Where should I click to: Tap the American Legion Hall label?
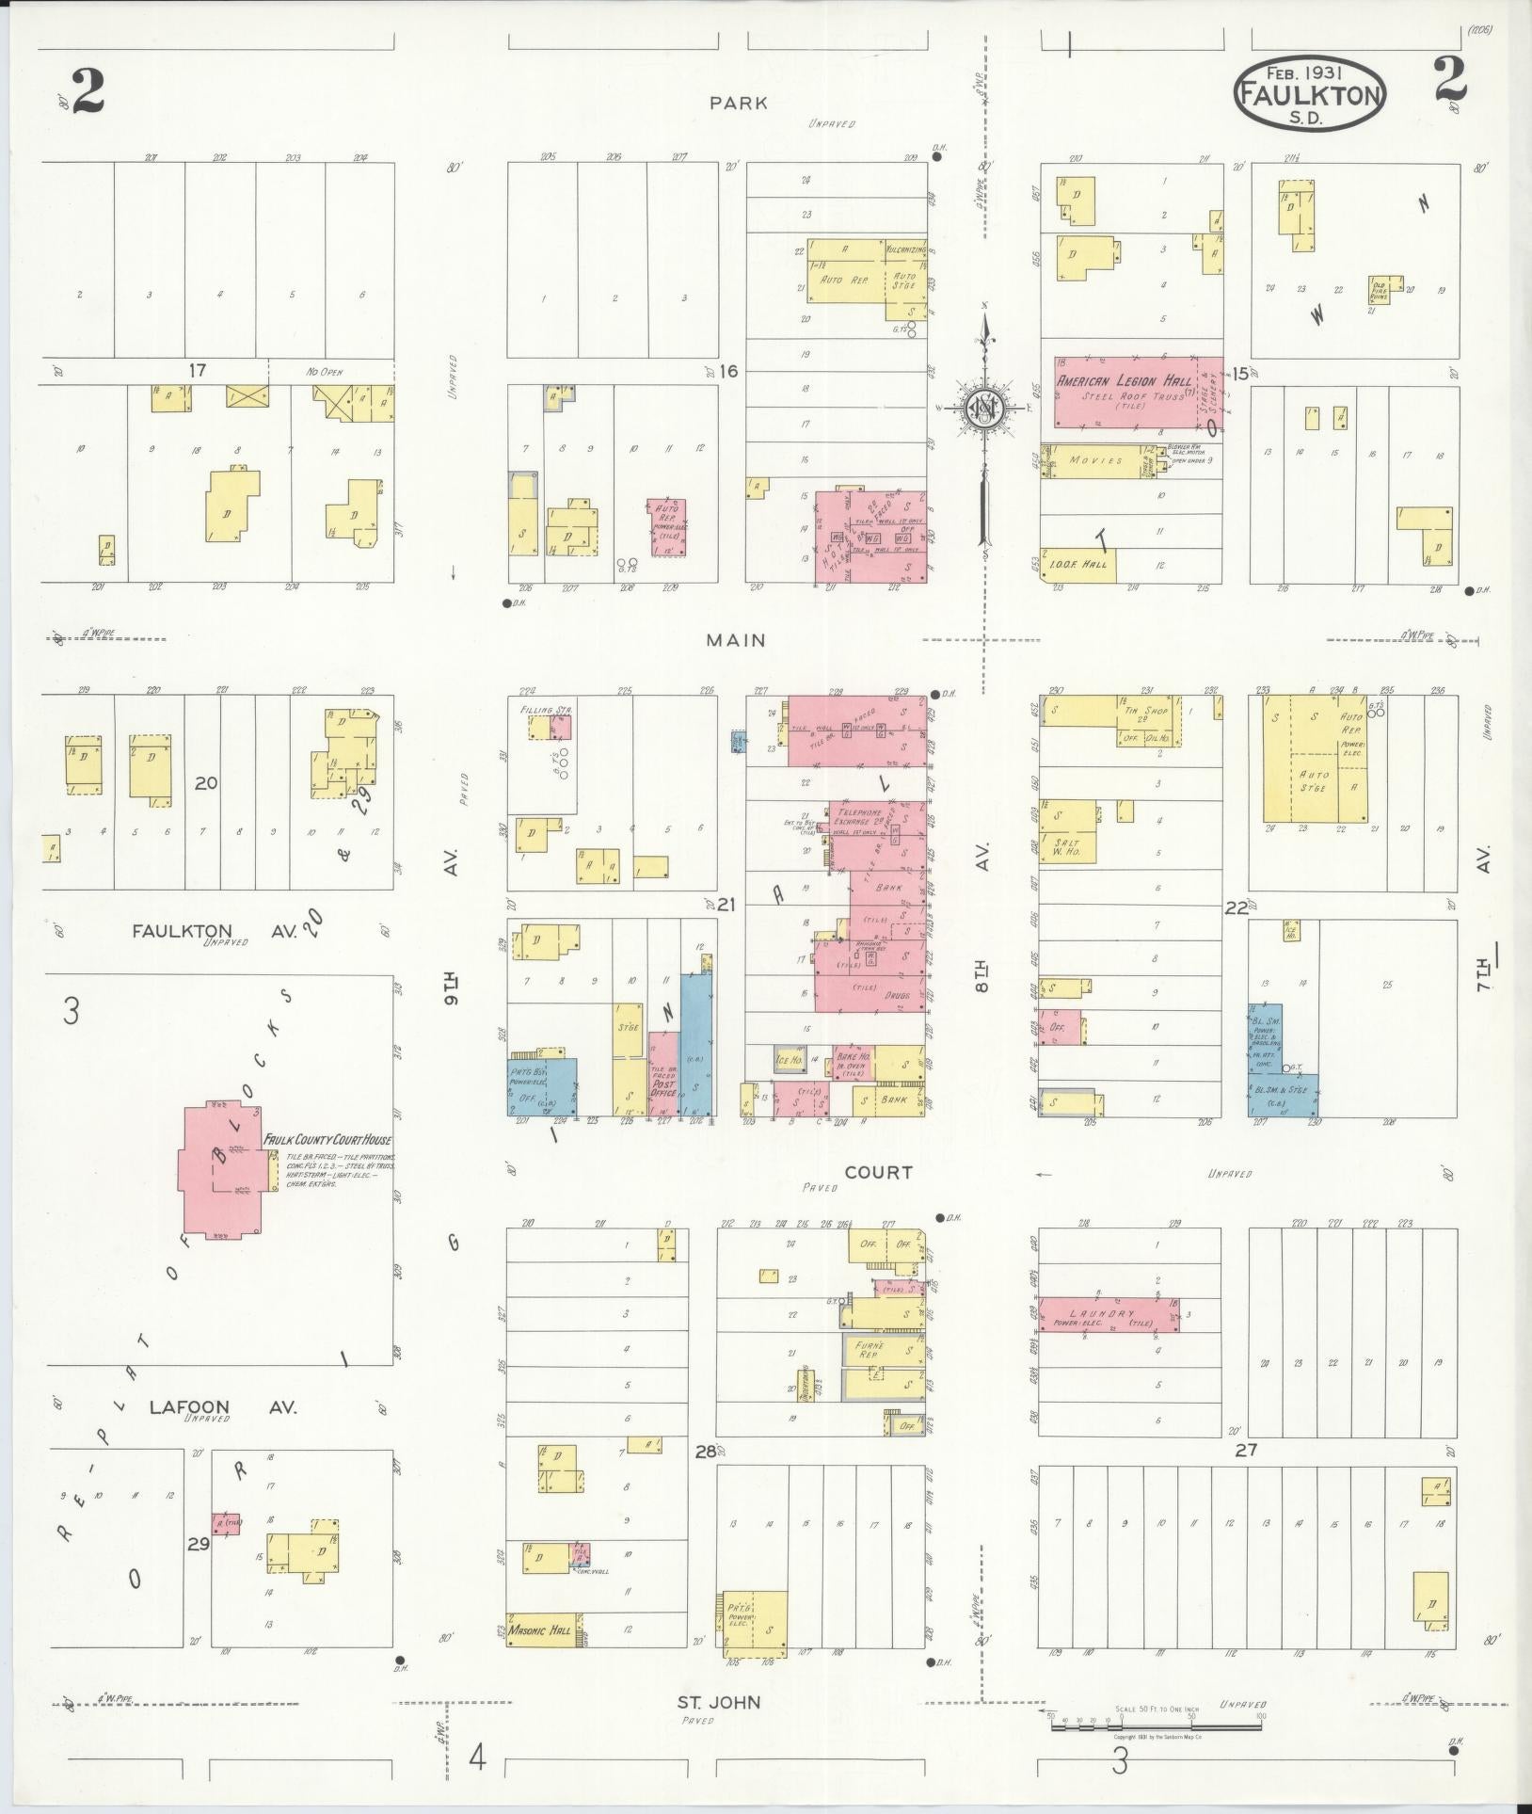(1124, 381)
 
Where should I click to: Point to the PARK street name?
(739, 104)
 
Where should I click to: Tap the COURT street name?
(877, 1172)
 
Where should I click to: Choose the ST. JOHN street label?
(719, 1701)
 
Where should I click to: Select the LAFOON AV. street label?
(222, 1407)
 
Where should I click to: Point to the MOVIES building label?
(1096, 461)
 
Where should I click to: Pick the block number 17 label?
(196, 370)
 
